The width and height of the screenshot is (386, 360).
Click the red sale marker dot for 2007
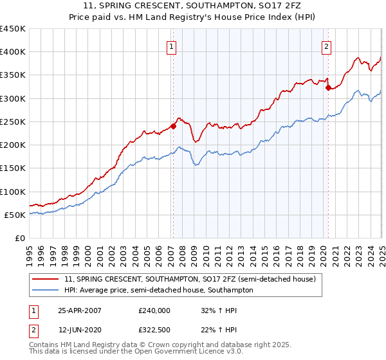click(173, 126)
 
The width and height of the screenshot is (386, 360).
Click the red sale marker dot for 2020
click(327, 87)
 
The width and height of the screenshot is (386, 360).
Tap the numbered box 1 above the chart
click(172, 46)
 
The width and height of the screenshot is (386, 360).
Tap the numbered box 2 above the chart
click(327, 46)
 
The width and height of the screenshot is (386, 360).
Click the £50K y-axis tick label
click(15, 215)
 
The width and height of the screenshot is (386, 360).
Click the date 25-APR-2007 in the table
click(80, 310)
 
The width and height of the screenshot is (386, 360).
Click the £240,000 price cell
click(154, 310)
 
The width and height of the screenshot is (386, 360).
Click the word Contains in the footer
click(45, 346)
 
